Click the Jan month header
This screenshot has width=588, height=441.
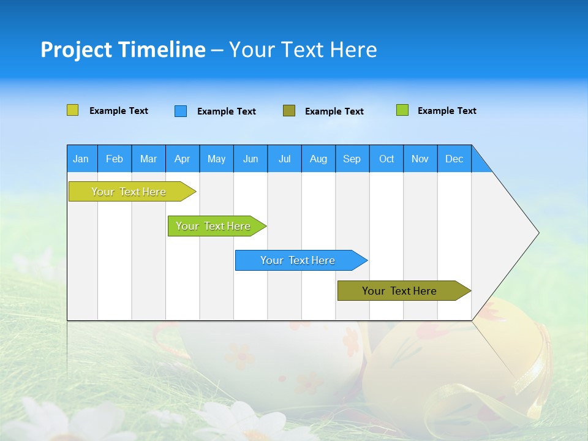[x=81, y=159]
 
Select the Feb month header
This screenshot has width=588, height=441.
[x=115, y=159]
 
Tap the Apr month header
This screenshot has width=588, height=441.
[x=182, y=159]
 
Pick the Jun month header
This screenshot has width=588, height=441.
[x=251, y=159]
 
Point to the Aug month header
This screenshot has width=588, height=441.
[x=318, y=159]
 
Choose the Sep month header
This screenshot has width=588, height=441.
[x=352, y=159]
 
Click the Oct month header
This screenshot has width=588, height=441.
[x=386, y=159]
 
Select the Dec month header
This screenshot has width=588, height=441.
[x=454, y=159]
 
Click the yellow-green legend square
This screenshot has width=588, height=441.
[x=73, y=110]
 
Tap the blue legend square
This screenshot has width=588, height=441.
[x=181, y=111]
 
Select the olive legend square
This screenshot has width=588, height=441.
[x=289, y=111]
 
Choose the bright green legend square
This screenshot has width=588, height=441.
[x=402, y=110]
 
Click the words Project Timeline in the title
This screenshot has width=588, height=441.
[x=123, y=50]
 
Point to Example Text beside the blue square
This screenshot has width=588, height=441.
[x=226, y=111]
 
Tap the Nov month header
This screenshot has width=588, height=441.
[x=420, y=159]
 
